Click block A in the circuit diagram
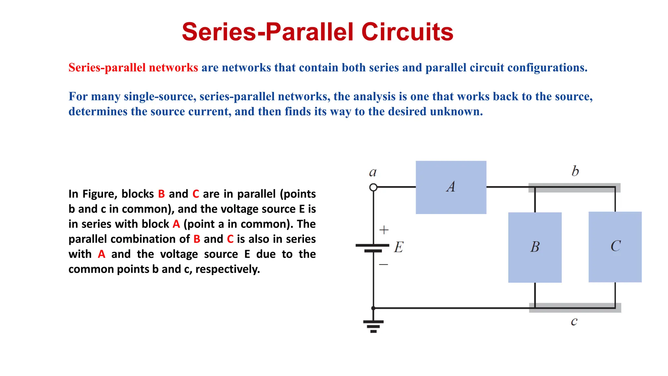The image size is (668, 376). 451,187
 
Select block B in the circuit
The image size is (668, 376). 535,247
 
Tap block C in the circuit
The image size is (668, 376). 615,247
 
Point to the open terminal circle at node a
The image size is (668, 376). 373,187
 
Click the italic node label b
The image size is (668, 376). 575,171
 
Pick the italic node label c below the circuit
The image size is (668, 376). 574,321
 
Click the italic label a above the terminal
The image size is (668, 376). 372,172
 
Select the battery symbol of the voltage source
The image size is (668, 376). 372,248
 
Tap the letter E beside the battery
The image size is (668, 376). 399,247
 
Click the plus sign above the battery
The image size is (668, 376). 384,230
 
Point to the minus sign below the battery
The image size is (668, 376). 384,264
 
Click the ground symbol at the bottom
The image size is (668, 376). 373,326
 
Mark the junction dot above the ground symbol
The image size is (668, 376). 373,308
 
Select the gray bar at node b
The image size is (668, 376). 574,188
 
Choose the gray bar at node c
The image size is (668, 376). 575,308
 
